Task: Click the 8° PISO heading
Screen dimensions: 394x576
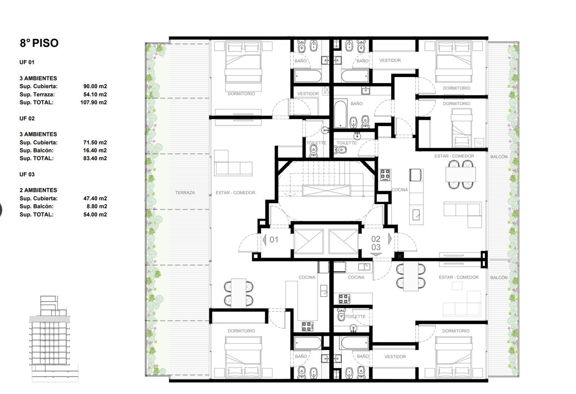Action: (x=39, y=43)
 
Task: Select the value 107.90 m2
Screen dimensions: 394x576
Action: (x=93, y=103)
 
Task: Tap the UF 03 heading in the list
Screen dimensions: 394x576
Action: (x=27, y=174)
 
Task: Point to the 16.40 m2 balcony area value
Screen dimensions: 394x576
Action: (x=95, y=150)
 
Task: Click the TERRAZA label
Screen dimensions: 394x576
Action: (x=185, y=193)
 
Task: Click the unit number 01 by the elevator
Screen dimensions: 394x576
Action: (x=274, y=240)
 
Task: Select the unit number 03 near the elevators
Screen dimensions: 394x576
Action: (x=376, y=247)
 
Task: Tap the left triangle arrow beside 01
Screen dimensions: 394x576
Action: (x=265, y=240)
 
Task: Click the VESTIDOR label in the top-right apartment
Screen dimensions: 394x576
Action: (x=390, y=61)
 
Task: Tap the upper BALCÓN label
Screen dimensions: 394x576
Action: (x=499, y=157)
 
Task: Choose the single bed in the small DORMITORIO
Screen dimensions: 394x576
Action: (x=461, y=130)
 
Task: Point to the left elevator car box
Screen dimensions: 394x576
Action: (x=308, y=241)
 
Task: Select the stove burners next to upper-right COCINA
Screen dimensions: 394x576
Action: (x=385, y=175)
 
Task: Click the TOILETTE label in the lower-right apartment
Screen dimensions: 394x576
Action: (x=355, y=317)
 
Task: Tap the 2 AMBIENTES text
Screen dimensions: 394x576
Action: (x=38, y=190)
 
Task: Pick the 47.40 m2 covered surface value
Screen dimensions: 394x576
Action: (x=95, y=198)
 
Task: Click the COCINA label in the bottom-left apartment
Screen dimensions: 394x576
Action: (x=307, y=277)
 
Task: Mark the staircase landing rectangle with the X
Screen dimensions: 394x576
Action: (x=326, y=191)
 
